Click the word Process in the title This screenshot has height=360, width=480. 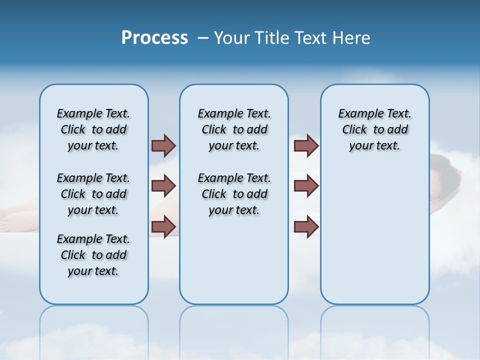click(x=154, y=37)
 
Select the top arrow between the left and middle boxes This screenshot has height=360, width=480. click(x=163, y=145)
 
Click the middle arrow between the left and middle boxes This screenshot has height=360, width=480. click(x=163, y=186)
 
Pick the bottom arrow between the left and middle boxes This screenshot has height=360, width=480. click(x=163, y=226)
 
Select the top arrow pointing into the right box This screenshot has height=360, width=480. click(x=306, y=145)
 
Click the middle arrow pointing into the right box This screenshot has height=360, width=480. click(x=306, y=186)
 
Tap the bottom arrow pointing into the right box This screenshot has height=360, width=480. click(x=306, y=226)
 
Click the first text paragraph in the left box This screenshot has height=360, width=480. click(x=93, y=129)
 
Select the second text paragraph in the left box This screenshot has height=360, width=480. click(x=93, y=194)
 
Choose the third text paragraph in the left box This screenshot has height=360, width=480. click(x=93, y=255)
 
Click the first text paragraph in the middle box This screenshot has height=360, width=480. click(x=234, y=129)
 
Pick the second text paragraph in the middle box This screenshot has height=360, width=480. click(x=234, y=194)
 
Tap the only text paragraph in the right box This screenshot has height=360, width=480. click(x=374, y=129)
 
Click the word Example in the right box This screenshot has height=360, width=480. click(x=359, y=114)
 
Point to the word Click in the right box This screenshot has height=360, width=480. click(x=354, y=130)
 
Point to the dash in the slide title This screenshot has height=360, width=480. click(x=203, y=38)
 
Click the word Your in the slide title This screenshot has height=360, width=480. click(x=231, y=38)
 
